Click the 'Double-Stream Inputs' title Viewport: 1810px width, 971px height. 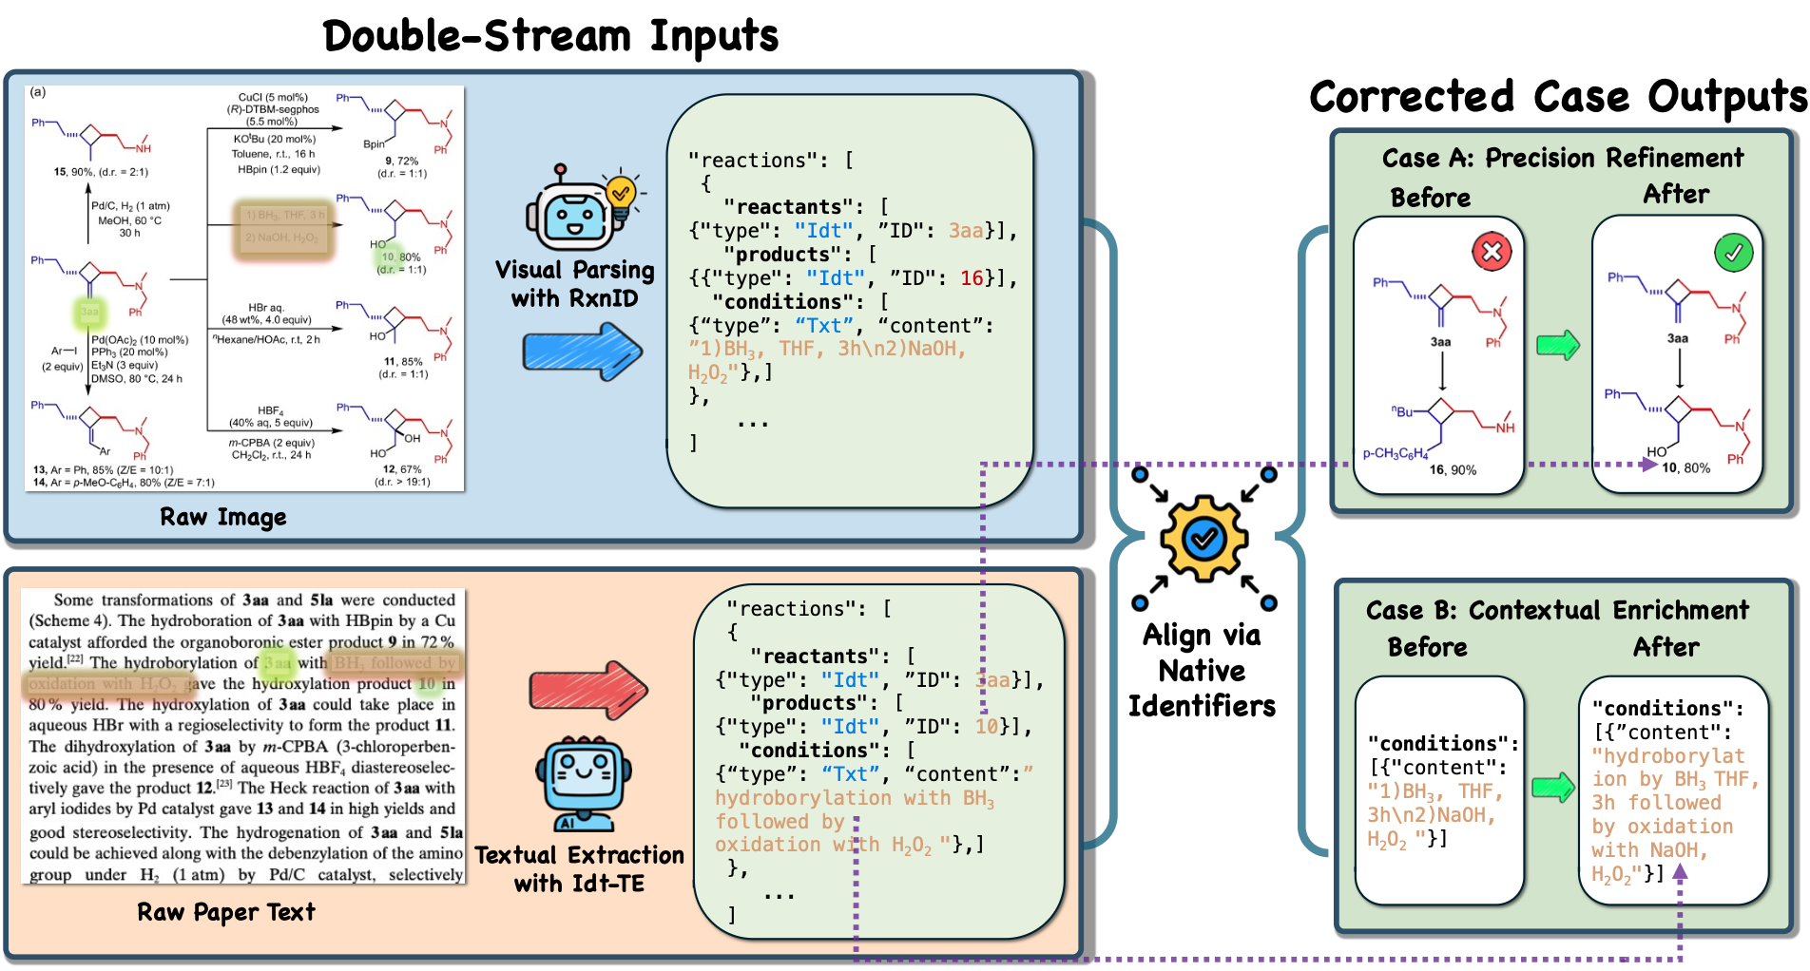[x=550, y=36]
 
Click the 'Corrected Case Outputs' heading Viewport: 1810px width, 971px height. [x=1557, y=97]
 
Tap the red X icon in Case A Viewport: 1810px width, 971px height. [x=1492, y=252]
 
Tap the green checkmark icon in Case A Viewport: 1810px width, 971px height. [x=1733, y=253]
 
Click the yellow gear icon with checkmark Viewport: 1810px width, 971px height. [x=1203, y=539]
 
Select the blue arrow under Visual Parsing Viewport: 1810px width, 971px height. [x=582, y=352]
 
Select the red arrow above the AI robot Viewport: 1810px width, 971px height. [x=587, y=689]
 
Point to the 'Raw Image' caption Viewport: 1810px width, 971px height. [x=222, y=517]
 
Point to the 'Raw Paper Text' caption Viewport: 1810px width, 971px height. [x=225, y=912]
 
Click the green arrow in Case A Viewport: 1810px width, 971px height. [x=1558, y=344]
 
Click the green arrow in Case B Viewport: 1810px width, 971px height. [x=1552, y=788]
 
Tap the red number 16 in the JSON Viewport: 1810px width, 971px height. [x=972, y=278]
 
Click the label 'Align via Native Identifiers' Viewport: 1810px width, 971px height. [x=1202, y=671]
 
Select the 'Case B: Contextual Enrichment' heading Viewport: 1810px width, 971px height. [x=1556, y=610]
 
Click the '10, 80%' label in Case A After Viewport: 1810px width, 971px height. [x=1685, y=467]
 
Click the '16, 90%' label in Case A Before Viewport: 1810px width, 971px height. [x=1453, y=469]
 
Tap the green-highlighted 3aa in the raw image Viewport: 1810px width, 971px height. [x=88, y=312]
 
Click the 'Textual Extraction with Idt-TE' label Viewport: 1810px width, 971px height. [x=579, y=869]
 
